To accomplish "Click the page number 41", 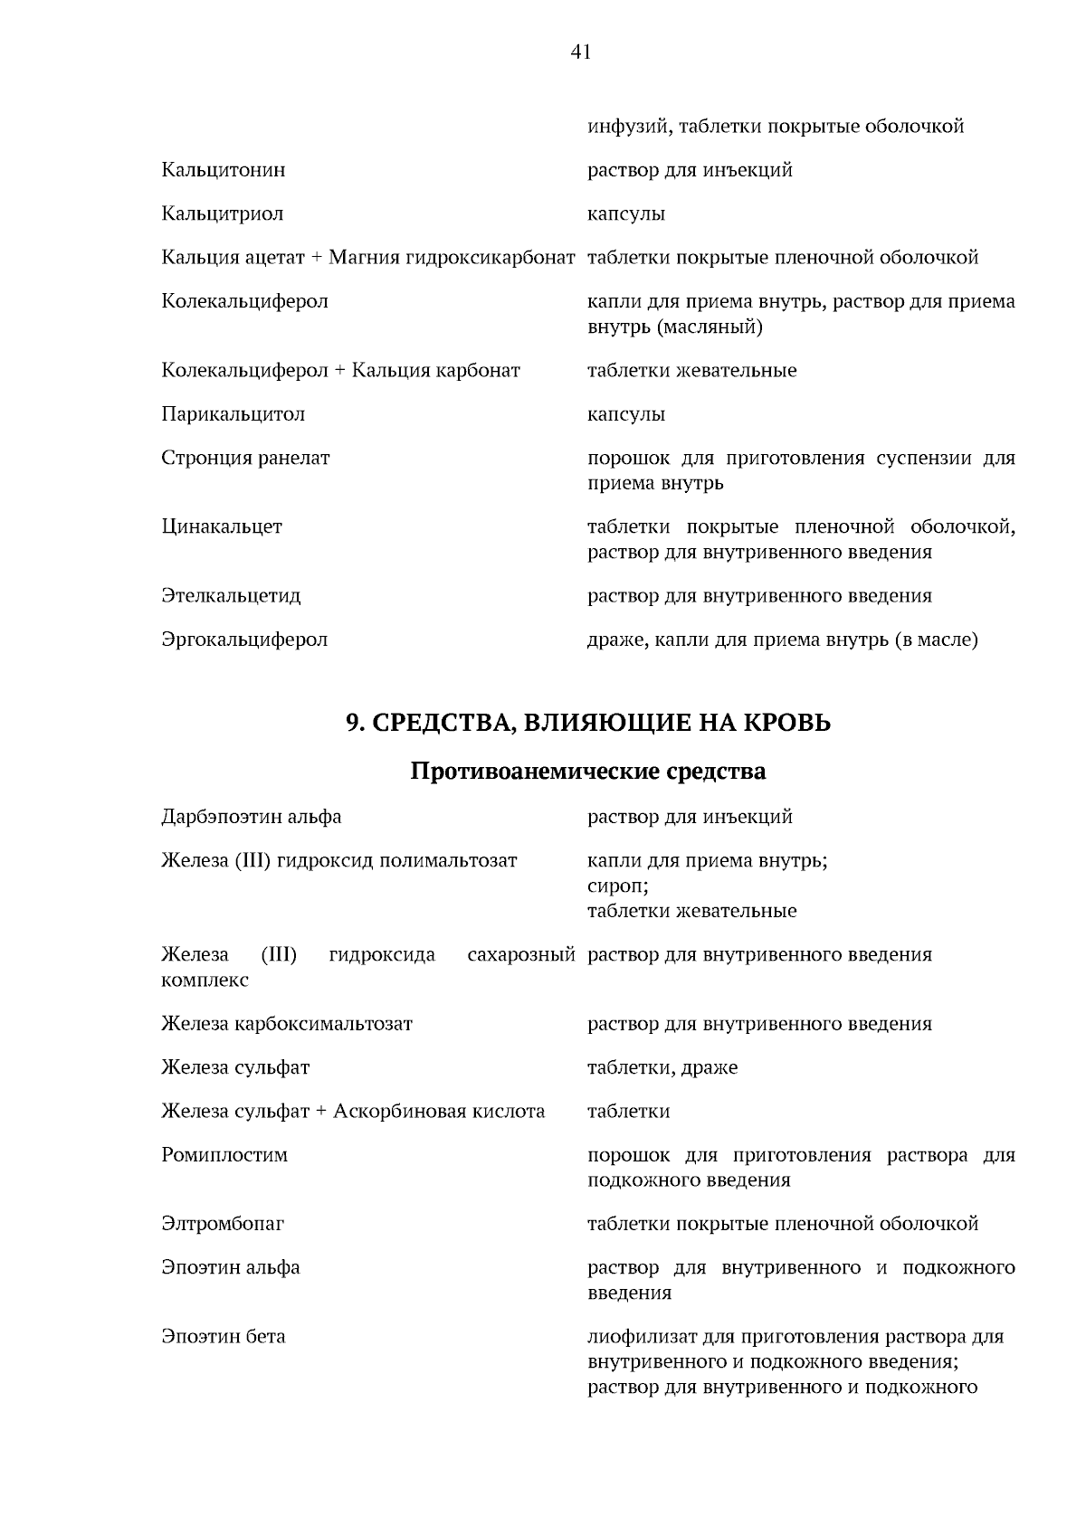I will (x=580, y=52).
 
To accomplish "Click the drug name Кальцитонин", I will (x=224, y=170).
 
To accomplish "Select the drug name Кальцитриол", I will (x=223, y=214).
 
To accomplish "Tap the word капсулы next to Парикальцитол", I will (x=626, y=414).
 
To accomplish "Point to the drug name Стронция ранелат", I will (x=245, y=458).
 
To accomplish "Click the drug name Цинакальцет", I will (x=222, y=526).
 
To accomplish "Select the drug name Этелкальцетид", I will (x=231, y=596).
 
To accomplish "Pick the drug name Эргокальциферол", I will (x=244, y=640).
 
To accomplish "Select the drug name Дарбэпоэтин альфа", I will (x=252, y=817).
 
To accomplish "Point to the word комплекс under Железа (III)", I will (x=205, y=980).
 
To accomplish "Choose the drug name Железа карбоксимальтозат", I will (x=287, y=1024).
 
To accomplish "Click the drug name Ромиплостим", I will (x=224, y=1155).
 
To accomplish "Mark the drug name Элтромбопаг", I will (x=223, y=1224).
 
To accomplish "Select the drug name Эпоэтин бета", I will (x=224, y=1336).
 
